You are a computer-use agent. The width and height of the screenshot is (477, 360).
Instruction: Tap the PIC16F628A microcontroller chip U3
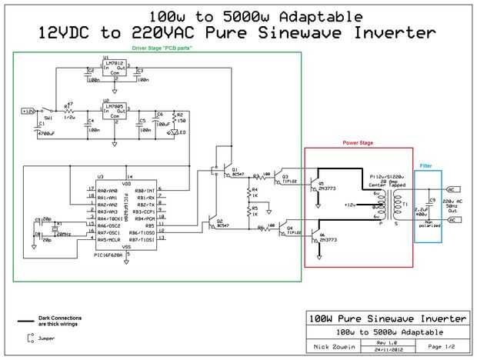126,215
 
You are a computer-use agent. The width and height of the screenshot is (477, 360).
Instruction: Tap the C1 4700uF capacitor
34,128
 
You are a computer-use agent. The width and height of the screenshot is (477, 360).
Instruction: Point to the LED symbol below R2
174,132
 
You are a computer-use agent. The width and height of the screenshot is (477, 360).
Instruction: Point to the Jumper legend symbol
29,337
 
